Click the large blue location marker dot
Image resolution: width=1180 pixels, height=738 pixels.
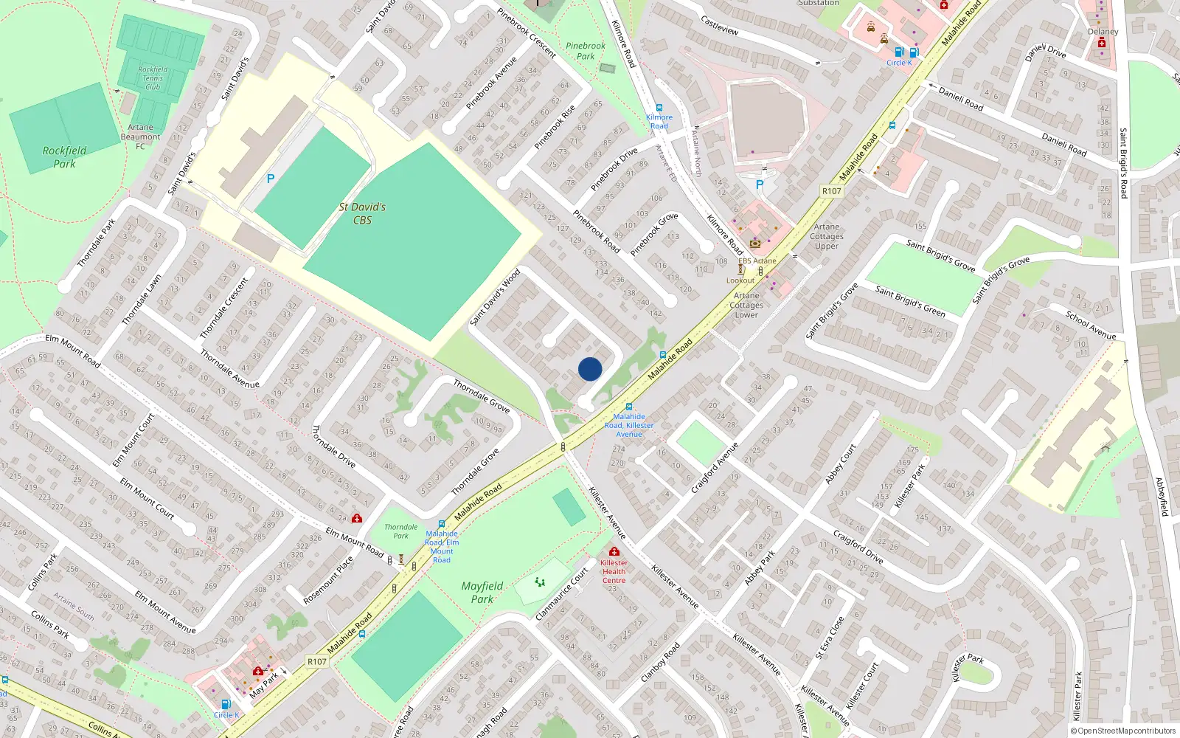tap(590, 369)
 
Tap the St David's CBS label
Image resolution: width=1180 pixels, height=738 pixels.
tap(362, 213)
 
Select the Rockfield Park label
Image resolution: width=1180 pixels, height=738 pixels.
tap(64, 156)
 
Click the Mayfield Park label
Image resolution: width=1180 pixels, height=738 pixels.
tap(482, 592)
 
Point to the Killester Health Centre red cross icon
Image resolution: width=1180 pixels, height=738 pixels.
tap(614, 551)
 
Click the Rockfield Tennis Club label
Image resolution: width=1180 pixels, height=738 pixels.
tap(153, 78)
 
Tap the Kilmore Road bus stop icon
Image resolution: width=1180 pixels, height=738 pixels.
tap(659, 108)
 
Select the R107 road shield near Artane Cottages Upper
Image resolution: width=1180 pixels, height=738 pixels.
tap(831, 191)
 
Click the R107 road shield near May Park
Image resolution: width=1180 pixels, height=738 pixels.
tap(316, 661)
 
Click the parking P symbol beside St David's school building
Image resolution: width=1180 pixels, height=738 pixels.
tap(271, 179)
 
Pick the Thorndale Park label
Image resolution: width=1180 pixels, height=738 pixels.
tap(400, 531)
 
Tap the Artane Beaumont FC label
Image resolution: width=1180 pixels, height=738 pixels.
tap(140, 137)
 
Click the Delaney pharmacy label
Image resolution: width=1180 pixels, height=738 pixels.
tap(1103, 32)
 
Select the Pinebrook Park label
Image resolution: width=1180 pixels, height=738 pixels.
tap(586, 51)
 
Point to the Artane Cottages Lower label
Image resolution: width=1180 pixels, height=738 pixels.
tap(746, 305)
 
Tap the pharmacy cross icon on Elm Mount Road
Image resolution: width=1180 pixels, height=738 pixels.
tap(357, 518)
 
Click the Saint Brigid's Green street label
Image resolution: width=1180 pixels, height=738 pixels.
tap(910, 301)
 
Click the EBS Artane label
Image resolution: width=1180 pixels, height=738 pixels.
tap(757, 261)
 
